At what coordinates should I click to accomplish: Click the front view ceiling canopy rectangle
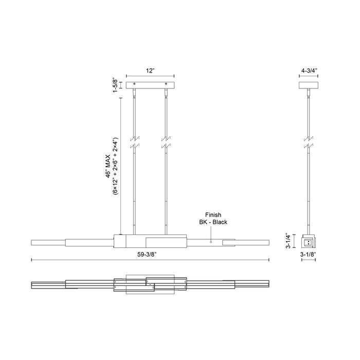point(150,84)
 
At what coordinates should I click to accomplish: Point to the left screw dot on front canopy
point(135,84)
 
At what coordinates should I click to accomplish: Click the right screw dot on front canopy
point(166,84)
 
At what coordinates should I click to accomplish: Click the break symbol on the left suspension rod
point(135,142)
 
